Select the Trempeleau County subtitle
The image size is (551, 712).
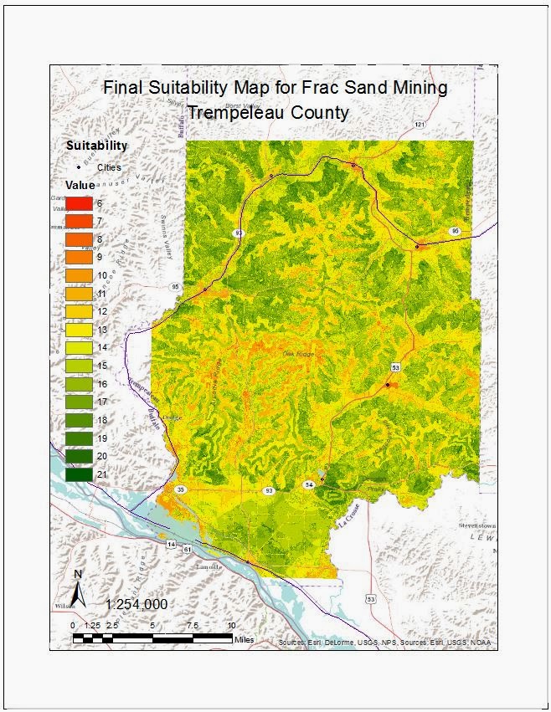tap(268, 112)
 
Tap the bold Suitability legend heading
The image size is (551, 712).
tap(97, 146)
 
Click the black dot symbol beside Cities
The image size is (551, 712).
tap(78, 167)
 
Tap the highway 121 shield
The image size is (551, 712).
tap(419, 125)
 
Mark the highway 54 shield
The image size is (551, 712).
tap(308, 484)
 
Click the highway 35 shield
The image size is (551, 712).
tap(180, 489)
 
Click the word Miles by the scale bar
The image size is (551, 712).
tap(245, 639)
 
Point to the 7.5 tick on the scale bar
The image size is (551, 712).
tap(192, 625)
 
